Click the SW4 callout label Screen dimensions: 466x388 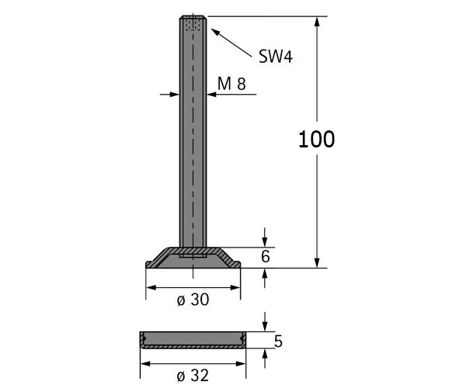(276, 56)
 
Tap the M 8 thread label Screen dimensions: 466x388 (231, 83)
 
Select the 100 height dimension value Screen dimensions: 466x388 (316, 139)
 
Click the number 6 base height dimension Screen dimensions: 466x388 (266, 257)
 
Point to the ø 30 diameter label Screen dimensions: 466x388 (193, 300)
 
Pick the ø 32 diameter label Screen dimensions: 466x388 (193, 376)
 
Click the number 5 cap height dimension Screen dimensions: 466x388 (278, 341)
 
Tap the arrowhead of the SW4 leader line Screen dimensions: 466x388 (215, 32)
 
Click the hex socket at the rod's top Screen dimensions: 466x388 (193, 24)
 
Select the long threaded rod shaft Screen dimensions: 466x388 (193, 131)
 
